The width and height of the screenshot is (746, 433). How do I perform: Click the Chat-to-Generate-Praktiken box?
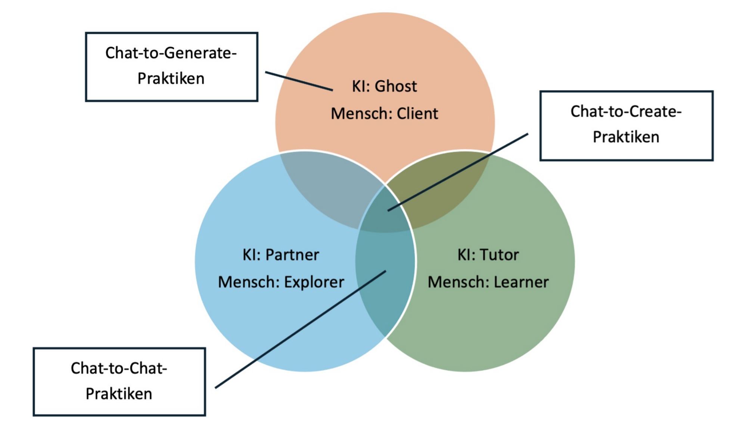click(171, 66)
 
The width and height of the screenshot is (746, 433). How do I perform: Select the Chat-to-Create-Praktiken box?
click(626, 125)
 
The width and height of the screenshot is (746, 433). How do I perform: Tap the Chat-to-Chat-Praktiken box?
click(119, 381)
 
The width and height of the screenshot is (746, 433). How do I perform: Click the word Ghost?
click(395, 86)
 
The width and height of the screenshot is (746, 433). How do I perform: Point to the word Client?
click(417, 113)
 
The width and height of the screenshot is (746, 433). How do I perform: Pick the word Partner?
click(292, 255)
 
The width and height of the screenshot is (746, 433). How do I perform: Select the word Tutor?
click(499, 255)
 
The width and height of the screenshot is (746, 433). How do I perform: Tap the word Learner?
click(521, 282)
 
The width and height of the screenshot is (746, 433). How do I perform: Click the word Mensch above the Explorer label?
click(248, 282)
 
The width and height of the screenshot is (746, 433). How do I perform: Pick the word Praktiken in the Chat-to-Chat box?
click(119, 394)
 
